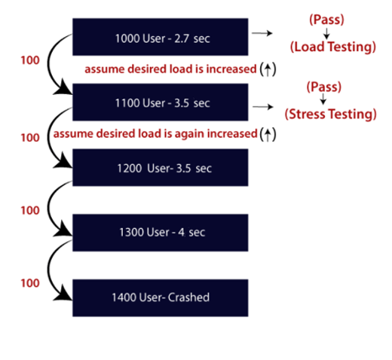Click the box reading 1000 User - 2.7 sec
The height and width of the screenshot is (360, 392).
[x=161, y=37]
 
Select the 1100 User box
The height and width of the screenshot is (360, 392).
[x=161, y=102]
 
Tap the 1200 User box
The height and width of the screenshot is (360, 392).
[x=161, y=167]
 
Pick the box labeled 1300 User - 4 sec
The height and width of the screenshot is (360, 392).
[x=161, y=232]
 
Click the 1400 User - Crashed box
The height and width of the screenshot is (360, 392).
[x=161, y=297]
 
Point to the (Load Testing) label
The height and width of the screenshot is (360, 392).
[x=332, y=47]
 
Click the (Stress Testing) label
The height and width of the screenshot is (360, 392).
[x=329, y=114]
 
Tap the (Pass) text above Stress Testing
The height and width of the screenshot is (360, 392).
[x=323, y=87]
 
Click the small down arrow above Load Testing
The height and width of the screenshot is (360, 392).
[x=323, y=32]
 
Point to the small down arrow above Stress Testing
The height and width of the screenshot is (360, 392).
[x=323, y=100]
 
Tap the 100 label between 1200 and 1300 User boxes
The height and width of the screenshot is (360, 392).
[x=30, y=211]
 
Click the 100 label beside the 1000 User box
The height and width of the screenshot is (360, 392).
[x=30, y=58]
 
